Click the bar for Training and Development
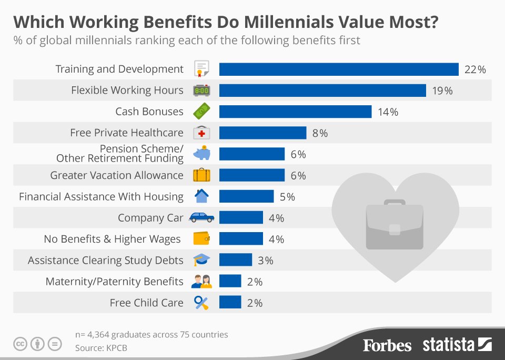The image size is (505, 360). pos(339,69)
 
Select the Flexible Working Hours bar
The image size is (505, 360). pos(322,91)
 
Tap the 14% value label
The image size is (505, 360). pos(388,112)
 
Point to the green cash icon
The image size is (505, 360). pos(201,112)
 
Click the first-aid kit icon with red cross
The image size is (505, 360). pos(201,133)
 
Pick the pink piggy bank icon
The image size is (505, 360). pos(201,154)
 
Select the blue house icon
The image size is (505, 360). pos(201,196)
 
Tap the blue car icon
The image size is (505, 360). pos(201,217)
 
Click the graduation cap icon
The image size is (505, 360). pos(201,260)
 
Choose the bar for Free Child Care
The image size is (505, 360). pos(230,303)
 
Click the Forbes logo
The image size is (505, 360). pos(387,345)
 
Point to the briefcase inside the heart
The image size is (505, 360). pos(395,224)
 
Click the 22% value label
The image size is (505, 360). pos(475,69)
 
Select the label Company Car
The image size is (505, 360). pos(150,218)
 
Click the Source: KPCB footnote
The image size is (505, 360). pos(101,348)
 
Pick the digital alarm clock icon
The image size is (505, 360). pos(201,91)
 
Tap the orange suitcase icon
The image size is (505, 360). pos(201,175)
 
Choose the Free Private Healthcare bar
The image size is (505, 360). pos(262,133)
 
